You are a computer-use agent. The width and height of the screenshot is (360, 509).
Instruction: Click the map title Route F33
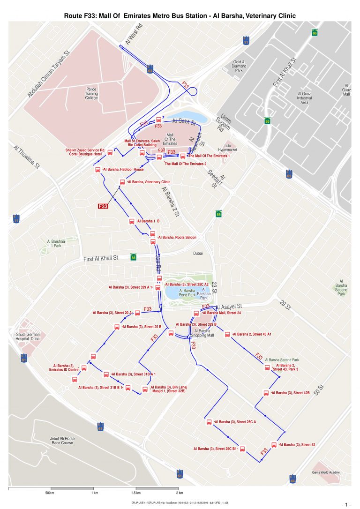[180, 16]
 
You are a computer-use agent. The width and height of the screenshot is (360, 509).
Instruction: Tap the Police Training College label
[91, 93]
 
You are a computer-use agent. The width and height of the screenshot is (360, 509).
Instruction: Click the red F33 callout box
[103, 206]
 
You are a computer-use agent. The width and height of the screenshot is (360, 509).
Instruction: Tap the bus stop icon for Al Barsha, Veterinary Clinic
[122, 182]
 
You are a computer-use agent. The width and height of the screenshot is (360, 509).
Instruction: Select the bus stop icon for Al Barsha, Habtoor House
[98, 170]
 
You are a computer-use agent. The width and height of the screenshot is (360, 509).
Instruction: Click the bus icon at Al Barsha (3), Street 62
[274, 445]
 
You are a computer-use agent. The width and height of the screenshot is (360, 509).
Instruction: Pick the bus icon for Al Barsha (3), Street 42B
[266, 393]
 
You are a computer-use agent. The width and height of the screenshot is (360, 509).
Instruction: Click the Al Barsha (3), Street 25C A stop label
[238, 422]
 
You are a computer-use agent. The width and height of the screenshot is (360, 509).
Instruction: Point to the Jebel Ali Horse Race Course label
[62, 440]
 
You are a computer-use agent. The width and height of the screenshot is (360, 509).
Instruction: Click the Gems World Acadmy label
[326, 472]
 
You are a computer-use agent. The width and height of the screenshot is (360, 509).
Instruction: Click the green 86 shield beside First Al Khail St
[134, 257]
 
